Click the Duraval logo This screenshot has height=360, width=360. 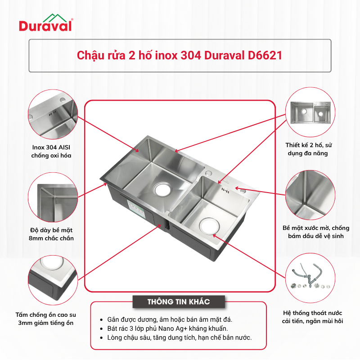[x=46, y=23]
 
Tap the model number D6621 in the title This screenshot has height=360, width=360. [x=265, y=55]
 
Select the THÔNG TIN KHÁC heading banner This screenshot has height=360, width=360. [x=179, y=301]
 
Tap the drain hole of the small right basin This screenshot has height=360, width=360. [x=209, y=226]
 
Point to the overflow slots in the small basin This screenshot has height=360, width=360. [x=225, y=189]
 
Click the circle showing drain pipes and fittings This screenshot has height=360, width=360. [x=310, y=278]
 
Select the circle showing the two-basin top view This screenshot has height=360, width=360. [x=310, y=112]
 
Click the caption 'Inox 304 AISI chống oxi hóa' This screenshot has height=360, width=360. [x=51, y=151]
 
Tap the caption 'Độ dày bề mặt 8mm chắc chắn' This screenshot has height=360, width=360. [x=51, y=234]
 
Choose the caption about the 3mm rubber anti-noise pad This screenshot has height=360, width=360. [x=46, y=319]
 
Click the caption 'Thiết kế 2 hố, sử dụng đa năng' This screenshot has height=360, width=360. [x=308, y=149]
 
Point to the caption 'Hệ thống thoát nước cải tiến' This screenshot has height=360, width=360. [x=312, y=317]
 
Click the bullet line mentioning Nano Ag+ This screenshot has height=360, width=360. [x=167, y=328]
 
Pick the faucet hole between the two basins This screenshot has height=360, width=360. [x=209, y=173]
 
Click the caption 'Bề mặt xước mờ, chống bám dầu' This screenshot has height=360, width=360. [x=316, y=232]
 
